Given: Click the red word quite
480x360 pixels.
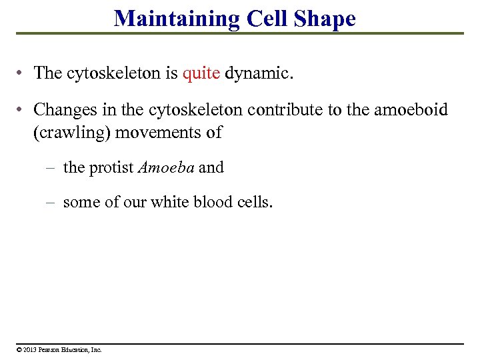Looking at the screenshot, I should pos(201,73).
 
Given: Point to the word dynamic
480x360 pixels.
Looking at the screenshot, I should pos(258,73).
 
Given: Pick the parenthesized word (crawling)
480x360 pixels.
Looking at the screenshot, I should pos(72,132).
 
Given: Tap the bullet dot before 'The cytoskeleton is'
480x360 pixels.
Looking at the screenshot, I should pos(21,73).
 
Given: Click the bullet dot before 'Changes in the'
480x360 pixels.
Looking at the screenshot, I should pos(21,109).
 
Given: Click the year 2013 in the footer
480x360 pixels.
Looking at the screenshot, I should pos(29,349).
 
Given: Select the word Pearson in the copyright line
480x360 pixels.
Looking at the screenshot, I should pos(51,349).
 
